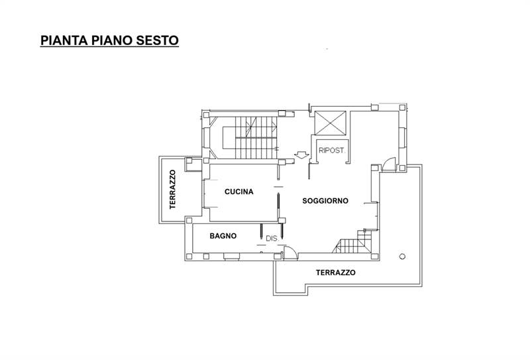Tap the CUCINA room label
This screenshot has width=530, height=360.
pos(239,192)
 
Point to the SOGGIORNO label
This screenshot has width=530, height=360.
pos(325,201)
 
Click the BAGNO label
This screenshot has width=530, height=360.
pos(223,235)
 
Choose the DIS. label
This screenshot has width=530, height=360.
pos(271,238)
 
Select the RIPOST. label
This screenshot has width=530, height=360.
pos(331,150)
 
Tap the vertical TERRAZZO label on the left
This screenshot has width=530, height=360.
pos(172,190)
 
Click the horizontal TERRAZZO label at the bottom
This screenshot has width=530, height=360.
pos(335,272)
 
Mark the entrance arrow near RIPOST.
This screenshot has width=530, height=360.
pos(301,156)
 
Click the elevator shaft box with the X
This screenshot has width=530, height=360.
pos(330,123)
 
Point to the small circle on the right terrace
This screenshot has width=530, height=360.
pos(401,256)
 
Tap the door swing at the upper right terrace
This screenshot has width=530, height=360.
pos(390,163)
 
